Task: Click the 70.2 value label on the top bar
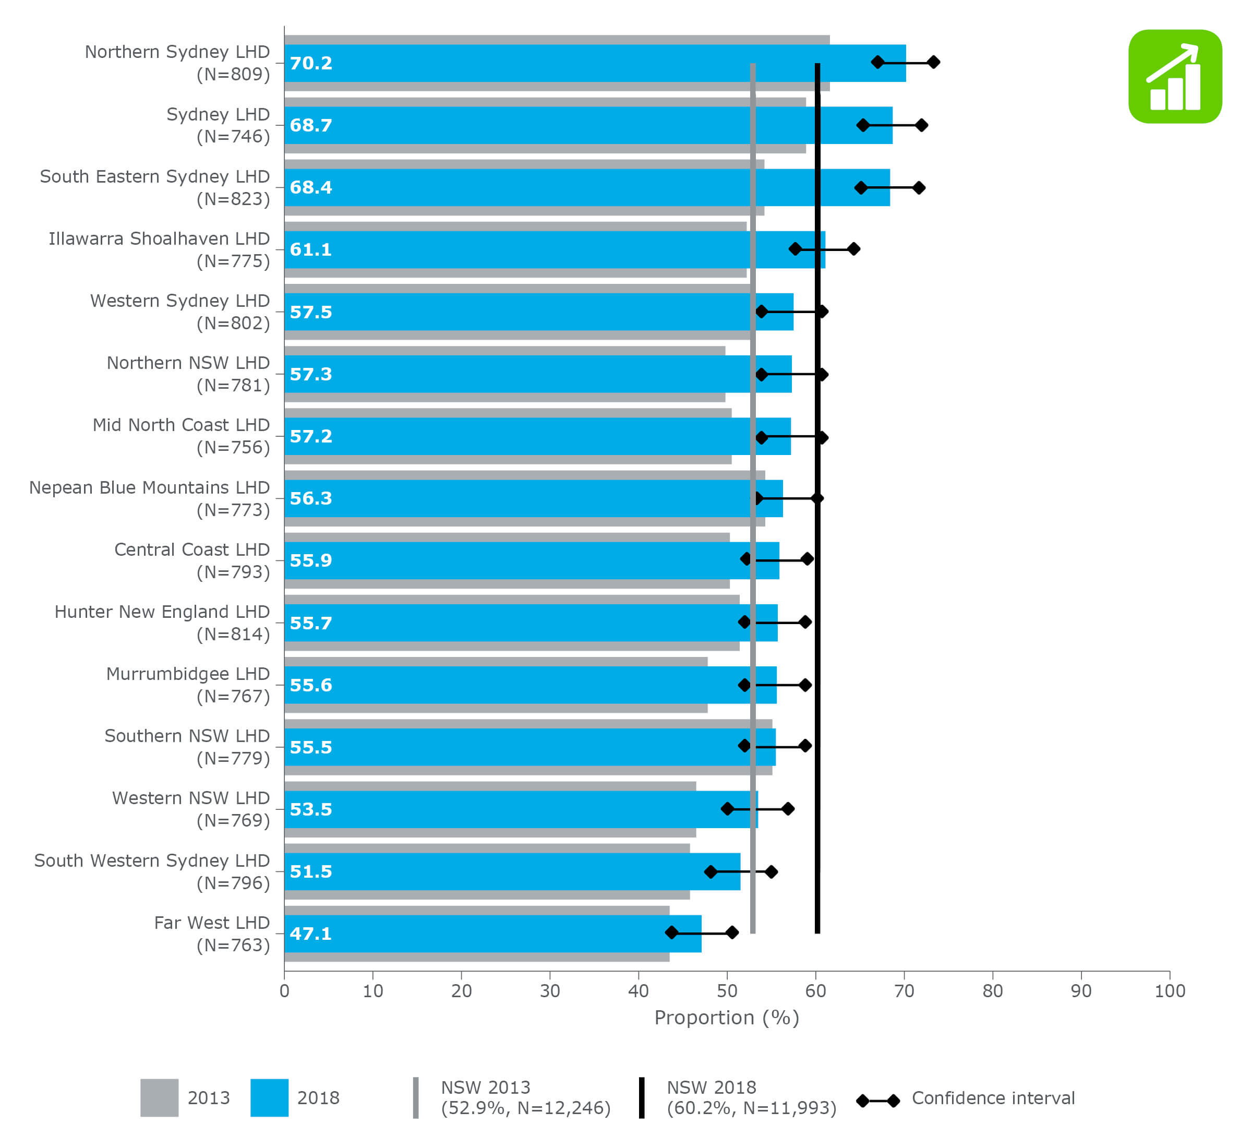(x=310, y=63)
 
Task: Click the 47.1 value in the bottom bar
(x=310, y=934)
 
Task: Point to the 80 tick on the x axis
(x=992, y=991)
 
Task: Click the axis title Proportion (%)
(x=727, y=1018)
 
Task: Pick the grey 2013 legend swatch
(x=159, y=1098)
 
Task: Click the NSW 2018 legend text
(x=751, y=1098)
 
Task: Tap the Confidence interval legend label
(x=992, y=1098)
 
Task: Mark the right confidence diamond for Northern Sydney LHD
(x=933, y=62)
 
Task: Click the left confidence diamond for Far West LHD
(x=671, y=932)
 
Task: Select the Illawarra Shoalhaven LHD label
(x=159, y=239)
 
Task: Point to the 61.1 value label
(x=310, y=250)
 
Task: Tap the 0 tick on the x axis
(x=284, y=991)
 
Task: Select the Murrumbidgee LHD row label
(x=188, y=674)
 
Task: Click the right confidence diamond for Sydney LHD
(x=922, y=125)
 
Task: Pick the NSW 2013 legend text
(x=525, y=1098)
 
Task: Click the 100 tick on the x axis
(x=1170, y=991)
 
